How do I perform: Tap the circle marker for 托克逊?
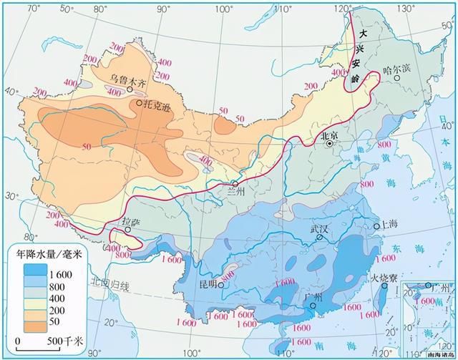click(x=139, y=104)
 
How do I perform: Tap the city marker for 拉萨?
click(x=129, y=230)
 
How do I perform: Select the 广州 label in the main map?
click(x=313, y=297)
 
